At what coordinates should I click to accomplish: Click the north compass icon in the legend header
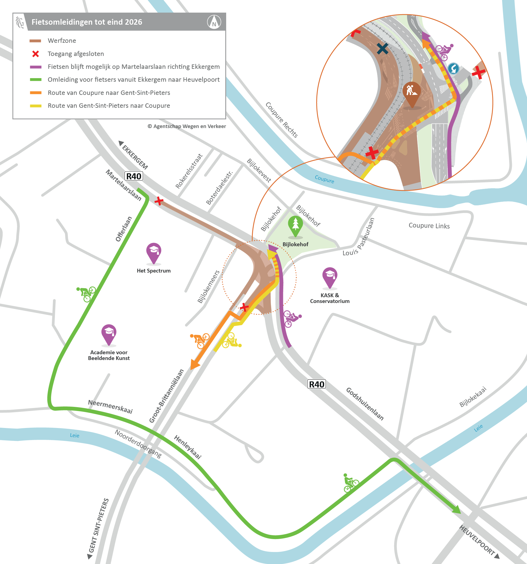pyautogui.click(x=214, y=22)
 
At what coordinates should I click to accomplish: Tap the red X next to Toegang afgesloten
pyautogui.click(x=35, y=54)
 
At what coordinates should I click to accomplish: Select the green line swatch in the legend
pyautogui.click(x=36, y=80)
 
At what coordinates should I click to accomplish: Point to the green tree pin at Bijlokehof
pyautogui.click(x=295, y=226)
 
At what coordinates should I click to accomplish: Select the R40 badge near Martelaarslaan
pyautogui.click(x=133, y=176)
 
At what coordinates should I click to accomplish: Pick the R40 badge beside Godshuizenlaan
pyautogui.click(x=316, y=384)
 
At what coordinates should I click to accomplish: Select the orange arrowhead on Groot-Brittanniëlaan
pyautogui.click(x=195, y=364)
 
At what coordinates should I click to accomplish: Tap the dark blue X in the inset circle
pyautogui.click(x=382, y=49)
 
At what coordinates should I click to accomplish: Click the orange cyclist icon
pyautogui.click(x=200, y=340)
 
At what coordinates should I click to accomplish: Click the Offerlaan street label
pyautogui.click(x=124, y=229)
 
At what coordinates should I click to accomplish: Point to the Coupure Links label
pyautogui.click(x=429, y=226)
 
